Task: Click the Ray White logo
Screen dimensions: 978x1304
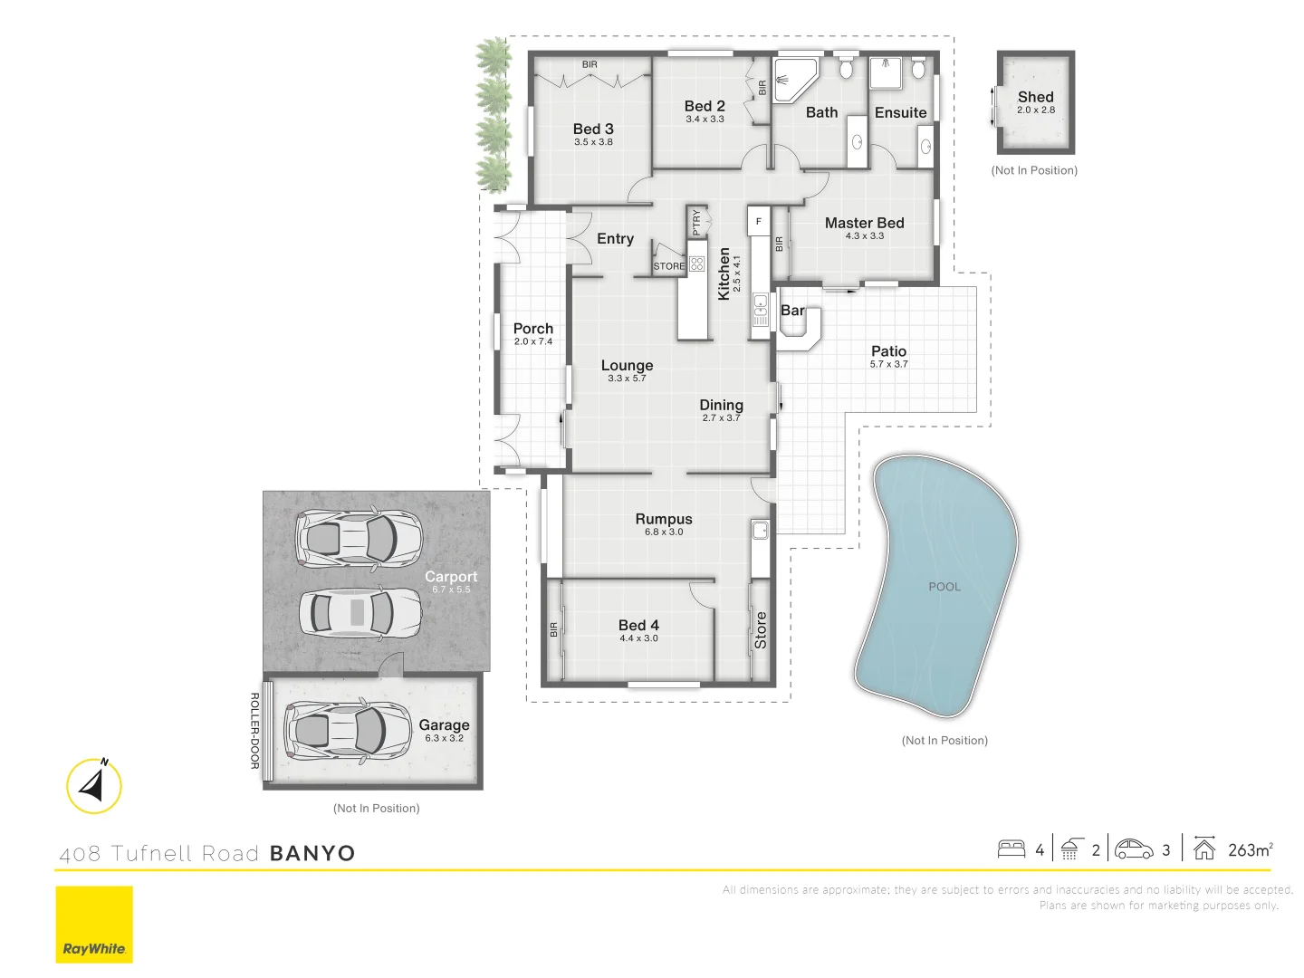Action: point(94,924)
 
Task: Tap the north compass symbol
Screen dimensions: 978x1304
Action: point(94,785)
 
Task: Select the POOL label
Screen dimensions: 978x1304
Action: point(944,587)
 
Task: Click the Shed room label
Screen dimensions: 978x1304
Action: point(1035,97)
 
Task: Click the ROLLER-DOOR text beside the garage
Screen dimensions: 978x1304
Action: point(254,731)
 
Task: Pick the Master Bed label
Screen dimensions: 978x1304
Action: point(864,223)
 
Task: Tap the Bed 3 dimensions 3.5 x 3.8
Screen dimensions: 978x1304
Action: point(593,142)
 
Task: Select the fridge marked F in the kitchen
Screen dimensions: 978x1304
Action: point(759,221)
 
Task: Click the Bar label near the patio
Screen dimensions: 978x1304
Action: point(792,311)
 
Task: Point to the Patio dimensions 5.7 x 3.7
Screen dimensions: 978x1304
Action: point(888,364)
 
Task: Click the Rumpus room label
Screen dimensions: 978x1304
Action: point(663,519)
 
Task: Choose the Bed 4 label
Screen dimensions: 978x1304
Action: point(638,625)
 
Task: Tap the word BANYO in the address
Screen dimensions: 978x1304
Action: point(312,853)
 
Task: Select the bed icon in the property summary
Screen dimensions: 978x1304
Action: point(1011,849)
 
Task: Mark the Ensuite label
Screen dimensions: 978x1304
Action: point(900,113)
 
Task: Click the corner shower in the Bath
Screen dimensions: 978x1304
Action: point(794,77)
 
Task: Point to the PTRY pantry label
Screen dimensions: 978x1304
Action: point(696,222)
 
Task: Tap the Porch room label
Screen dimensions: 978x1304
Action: point(532,329)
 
